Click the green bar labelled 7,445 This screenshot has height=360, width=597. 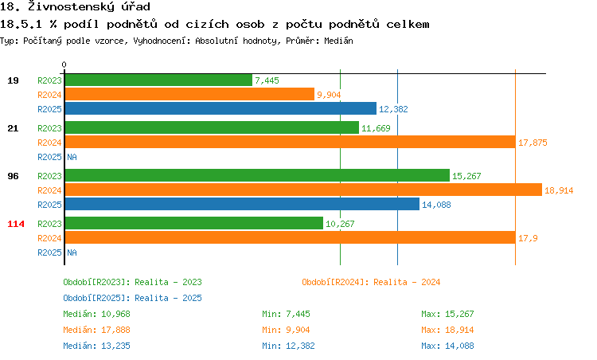(158, 80)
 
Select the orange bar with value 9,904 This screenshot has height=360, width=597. (189, 94)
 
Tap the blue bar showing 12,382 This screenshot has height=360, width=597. (220, 108)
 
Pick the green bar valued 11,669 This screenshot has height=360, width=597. (211, 127)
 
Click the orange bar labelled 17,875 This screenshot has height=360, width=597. (289, 142)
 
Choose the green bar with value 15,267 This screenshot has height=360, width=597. (256, 175)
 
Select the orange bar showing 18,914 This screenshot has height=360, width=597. (302, 190)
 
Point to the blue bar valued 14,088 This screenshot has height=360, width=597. (241, 204)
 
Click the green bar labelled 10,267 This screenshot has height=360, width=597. (193, 223)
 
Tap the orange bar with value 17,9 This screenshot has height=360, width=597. (290, 237)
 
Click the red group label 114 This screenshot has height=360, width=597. (15, 224)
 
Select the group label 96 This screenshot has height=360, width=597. (13, 176)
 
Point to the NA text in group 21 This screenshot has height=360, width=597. (72, 157)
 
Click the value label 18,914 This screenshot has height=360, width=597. (559, 190)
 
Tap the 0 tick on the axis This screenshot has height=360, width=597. (64, 65)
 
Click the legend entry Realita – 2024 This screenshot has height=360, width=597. (371, 282)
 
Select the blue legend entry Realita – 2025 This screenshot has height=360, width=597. (132, 298)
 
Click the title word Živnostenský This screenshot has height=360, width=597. (68, 7)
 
